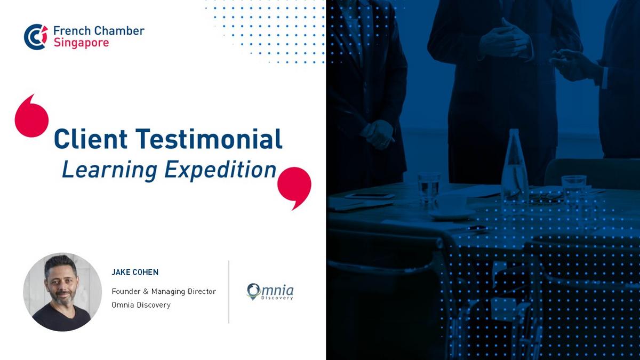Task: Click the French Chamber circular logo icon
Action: (x=36, y=37)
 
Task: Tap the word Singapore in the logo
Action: (x=82, y=43)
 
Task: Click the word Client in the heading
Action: (x=91, y=139)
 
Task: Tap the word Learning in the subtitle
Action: (x=109, y=171)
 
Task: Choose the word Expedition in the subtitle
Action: (x=220, y=171)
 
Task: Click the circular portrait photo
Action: (x=62, y=292)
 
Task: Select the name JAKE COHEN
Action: (x=135, y=273)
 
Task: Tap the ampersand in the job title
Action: (x=146, y=291)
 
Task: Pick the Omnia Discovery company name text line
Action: (x=141, y=305)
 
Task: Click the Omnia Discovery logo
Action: (x=270, y=292)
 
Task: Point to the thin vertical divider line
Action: (x=229, y=292)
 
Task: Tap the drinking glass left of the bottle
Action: (x=429, y=189)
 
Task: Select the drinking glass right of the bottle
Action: (x=574, y=190)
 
